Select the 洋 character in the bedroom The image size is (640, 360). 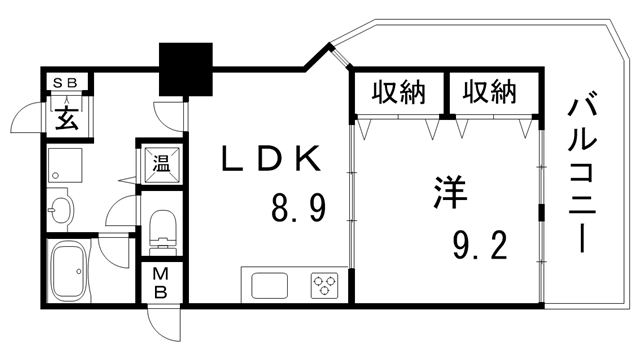[x=449, y=193]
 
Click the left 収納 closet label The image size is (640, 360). [x=398, y=93]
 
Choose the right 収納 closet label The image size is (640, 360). [x=488, y=93]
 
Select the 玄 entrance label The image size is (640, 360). [x=65, y=118]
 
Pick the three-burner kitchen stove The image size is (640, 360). [x=325, y=284]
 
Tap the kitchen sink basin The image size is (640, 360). [x=270, y=284]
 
